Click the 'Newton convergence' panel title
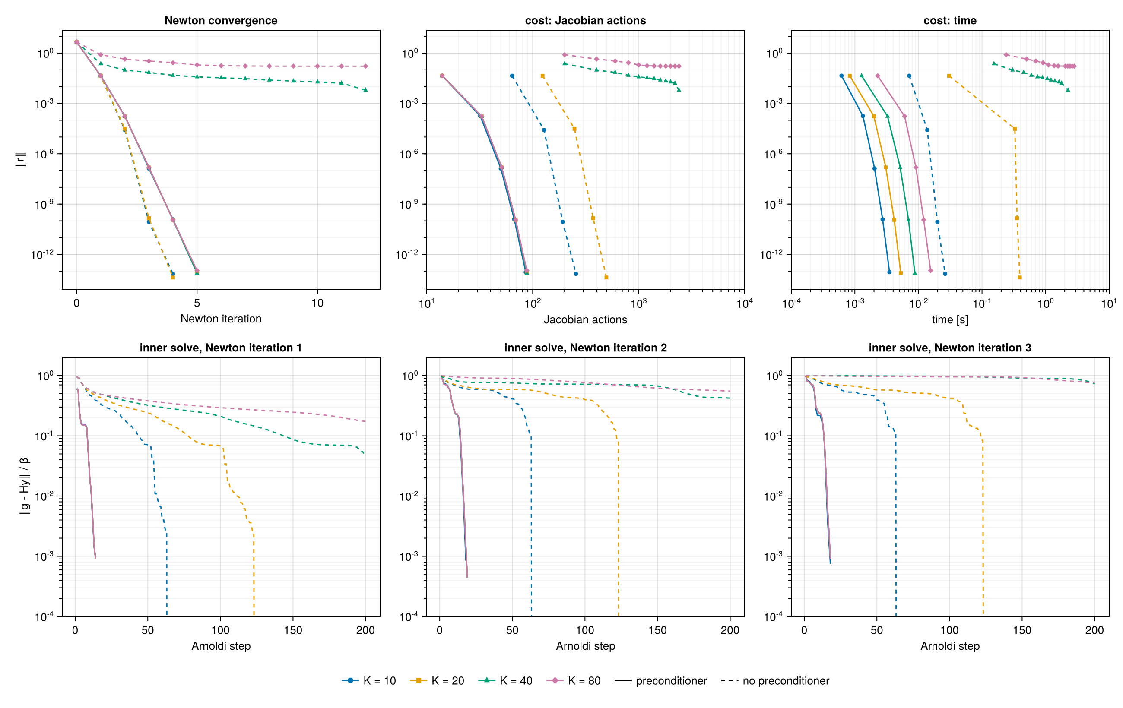tap(221, 21)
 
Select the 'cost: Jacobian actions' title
tap(585, 21)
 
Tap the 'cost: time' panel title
tap(950, 21)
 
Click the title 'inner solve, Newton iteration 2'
tap(585, 348)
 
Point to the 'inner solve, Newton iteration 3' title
tap(950, 348)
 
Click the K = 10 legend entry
tap(368, 680)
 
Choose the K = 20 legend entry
tap(437, 680)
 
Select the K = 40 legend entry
tap(505, 680)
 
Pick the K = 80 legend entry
tap(573, 680)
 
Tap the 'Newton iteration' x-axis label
tap(221, 319)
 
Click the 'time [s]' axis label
tap(950, 320)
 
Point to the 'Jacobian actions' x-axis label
tap(585, 320)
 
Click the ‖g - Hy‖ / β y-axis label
tap(24, 487)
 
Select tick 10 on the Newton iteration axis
tap(317, 303)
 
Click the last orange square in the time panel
tap(1019, 277)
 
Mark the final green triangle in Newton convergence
tap(365, 89)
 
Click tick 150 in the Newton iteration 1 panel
tap(293, 630)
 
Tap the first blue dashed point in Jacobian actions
tap(512, 76)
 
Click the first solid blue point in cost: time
tap(841, 76)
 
